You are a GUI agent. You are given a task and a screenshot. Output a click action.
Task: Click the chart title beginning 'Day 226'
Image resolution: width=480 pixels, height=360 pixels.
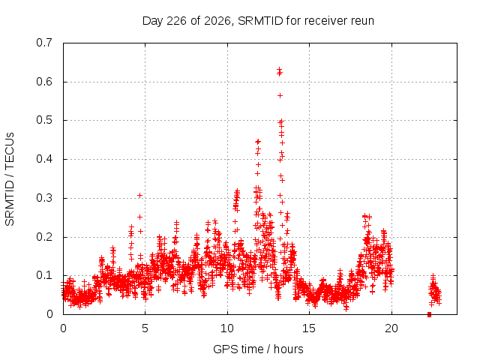(x=258, y=21)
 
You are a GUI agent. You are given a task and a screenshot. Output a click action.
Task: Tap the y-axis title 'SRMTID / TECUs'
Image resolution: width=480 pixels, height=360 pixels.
(x=10, y=179)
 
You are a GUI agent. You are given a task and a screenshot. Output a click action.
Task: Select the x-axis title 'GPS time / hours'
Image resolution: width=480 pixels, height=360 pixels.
(x=258, y=349)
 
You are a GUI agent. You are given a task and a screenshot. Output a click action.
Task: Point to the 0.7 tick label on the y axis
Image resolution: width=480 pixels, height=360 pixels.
(x=44, y=43)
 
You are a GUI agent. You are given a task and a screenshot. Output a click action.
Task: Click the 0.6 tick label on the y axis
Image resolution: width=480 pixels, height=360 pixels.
(x=44, y=82)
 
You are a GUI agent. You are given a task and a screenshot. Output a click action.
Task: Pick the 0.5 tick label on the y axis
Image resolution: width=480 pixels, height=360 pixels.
(x=44, y=120)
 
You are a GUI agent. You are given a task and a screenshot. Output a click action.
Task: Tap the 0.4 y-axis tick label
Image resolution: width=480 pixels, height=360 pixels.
(x=44, y=159)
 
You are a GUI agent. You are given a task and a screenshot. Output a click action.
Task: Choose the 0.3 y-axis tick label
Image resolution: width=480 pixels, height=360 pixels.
(x=44, y=198)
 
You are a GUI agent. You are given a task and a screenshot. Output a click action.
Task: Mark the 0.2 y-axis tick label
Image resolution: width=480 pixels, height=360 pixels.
(x=44, y=237)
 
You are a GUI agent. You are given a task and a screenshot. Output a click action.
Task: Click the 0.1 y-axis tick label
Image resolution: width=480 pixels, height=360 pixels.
(x=44, y=275)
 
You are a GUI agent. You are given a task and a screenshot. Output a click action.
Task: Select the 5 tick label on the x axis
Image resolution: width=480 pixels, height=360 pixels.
(x=145, y=328)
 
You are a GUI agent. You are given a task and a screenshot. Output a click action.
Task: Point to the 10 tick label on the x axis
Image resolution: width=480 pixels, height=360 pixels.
(x=227, y=328)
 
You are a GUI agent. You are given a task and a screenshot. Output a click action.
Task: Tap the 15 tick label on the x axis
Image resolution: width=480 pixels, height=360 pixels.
(x=309, y=328)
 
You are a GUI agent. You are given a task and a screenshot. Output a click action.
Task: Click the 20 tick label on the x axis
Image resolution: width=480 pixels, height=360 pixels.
(x=391, y=328)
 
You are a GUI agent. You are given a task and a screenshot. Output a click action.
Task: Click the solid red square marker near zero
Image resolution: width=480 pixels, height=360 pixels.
(x=429, y=314)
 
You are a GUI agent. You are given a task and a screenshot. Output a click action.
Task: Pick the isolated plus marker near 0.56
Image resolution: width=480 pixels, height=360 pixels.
(x=280, y=96)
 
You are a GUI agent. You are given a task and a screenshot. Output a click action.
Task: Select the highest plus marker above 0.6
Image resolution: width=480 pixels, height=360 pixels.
(x=279, y=70)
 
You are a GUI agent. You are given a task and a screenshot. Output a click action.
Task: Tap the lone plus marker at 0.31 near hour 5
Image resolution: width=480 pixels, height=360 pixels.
(x=140, y=195)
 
